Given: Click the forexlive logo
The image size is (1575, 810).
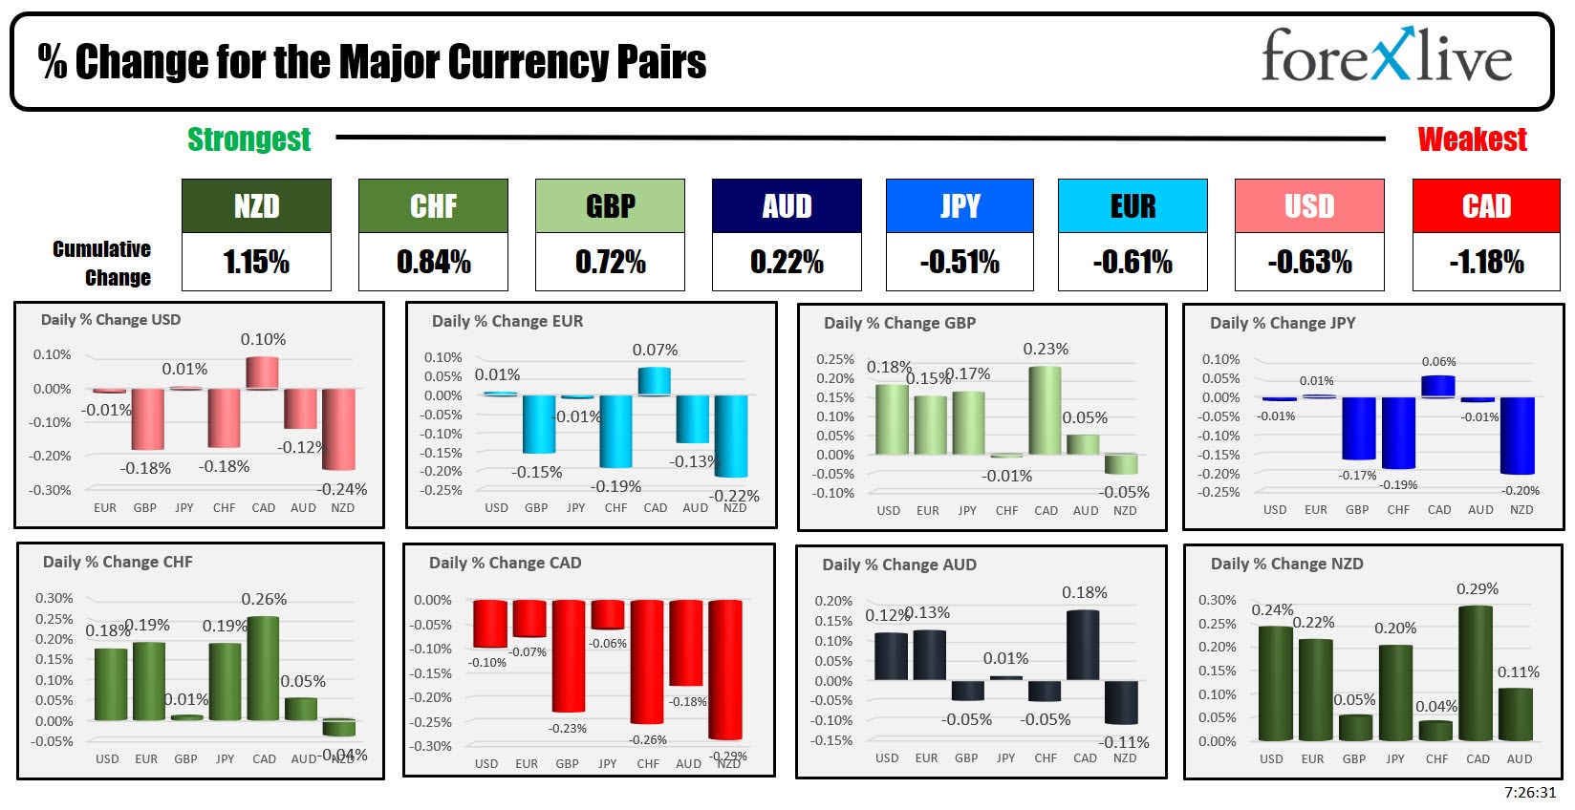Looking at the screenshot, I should [1386, 57].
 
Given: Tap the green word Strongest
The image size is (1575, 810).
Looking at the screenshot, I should [248, 139].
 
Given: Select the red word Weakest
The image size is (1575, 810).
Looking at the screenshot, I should [1472, 139].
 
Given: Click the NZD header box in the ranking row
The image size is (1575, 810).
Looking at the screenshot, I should [256, 206].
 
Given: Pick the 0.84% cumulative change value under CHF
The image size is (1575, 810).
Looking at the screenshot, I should [433, 262].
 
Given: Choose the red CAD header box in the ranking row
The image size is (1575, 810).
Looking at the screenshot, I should [1486, 206].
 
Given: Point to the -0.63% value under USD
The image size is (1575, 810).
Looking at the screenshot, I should [1309, 262].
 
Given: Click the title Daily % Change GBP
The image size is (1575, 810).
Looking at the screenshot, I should [899, 323].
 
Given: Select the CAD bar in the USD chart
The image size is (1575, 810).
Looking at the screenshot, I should [263, 373].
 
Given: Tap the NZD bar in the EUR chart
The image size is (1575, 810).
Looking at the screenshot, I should [732, 436].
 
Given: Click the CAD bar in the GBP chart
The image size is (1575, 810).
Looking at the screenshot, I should [1046, 410].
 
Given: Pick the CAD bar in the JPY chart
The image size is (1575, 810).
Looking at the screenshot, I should [1438, 387].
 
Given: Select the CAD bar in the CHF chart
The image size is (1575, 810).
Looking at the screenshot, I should [264, 668].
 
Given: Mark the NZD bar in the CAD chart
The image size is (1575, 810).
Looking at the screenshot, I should [725, 669].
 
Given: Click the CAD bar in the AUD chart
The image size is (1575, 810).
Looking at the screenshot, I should [1084, 645].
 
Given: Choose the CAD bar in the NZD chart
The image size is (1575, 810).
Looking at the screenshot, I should [1477, 672].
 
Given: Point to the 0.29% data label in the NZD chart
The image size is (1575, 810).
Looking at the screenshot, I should [1477, 589].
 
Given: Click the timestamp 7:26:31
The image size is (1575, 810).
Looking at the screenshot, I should [1530, 793].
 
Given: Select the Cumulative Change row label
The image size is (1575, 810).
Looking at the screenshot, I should [103, 263].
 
